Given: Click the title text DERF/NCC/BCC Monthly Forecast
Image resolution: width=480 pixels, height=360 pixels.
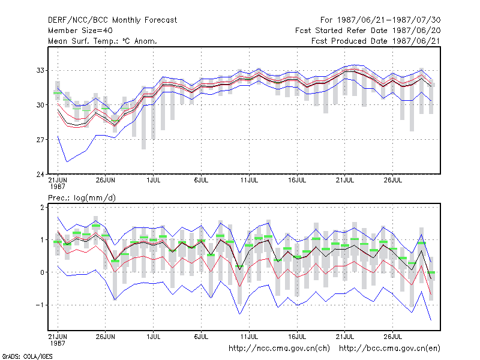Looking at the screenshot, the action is pyautogui.click(x=112, y=20).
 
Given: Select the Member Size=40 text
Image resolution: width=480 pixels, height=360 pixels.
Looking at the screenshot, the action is pyautogui.click(x=80, y=31).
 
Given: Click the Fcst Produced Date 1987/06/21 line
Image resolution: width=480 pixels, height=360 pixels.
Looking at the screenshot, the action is pyautogui.click(x=376, y=41).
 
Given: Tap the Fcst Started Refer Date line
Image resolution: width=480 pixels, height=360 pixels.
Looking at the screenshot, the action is pyautogui.click(x=368, y=31).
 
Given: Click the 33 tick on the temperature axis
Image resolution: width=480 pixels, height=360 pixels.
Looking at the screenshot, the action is pyautogui.click(x=40, y=70).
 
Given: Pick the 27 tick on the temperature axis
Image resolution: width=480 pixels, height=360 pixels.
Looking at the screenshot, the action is pyautogui.click(x=40, y=140).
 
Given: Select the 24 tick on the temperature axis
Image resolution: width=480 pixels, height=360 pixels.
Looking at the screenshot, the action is pyautogui.click(x=40, y=174).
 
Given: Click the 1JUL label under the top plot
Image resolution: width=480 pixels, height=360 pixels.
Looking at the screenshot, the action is pyautogui.click(x=154, y=180).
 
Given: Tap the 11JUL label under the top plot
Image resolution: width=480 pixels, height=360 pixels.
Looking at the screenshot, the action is pyautogui.click(x=249, y=180).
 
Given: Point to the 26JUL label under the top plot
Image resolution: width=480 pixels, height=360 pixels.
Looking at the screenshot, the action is pyautogui.click(x=393, y=180).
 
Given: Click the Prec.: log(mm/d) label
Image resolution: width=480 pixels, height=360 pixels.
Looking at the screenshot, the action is pyautogui.click(x=82, y=198).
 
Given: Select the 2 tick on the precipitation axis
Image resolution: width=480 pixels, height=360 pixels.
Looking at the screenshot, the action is pyautogui.click(x=42, y=207).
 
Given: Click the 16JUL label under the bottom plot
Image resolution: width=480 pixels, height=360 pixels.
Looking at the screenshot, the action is pyautogui.click(x=297, y=337).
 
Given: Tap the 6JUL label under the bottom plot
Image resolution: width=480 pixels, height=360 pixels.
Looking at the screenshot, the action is pyautogui.click(x=201, y=337).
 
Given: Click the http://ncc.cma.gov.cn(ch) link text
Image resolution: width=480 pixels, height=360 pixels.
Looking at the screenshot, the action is pyautogui.click(x=279, y=348).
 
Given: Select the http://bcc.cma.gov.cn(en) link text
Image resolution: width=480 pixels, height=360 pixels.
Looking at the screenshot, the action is pyautogui.click(x=389, y=348).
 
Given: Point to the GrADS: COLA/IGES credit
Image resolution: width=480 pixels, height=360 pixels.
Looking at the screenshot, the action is pyautogui.click(x=27, y=356).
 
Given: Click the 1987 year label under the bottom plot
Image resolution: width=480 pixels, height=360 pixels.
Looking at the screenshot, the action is pyautogui.click(x=58, y=343).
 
